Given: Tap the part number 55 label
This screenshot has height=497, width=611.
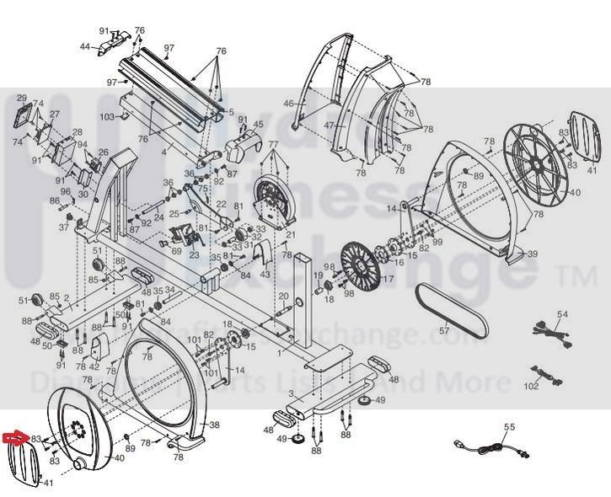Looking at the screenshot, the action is coord(508,427).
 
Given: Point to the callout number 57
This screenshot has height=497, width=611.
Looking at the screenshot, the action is coord(444,331).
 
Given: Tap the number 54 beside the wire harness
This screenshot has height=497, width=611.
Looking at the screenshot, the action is coord(563,314).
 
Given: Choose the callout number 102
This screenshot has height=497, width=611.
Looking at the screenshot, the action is coord(531,387).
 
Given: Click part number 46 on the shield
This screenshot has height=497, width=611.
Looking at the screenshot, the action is coord(289,104).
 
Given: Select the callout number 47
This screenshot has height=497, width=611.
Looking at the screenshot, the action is coord(330,126).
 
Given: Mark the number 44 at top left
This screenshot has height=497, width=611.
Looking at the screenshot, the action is coord(85,46).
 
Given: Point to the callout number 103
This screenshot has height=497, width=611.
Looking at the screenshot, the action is coord(107,116).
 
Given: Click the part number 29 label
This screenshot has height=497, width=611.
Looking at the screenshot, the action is coord(22,98).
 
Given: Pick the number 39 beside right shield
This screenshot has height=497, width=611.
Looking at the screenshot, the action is coord(532,253).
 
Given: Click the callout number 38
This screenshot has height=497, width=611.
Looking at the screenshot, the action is coord(214,425).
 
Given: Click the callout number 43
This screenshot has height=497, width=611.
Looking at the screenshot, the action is coord(265,275).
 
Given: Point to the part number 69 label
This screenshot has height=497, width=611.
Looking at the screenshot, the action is coord(176,250).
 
